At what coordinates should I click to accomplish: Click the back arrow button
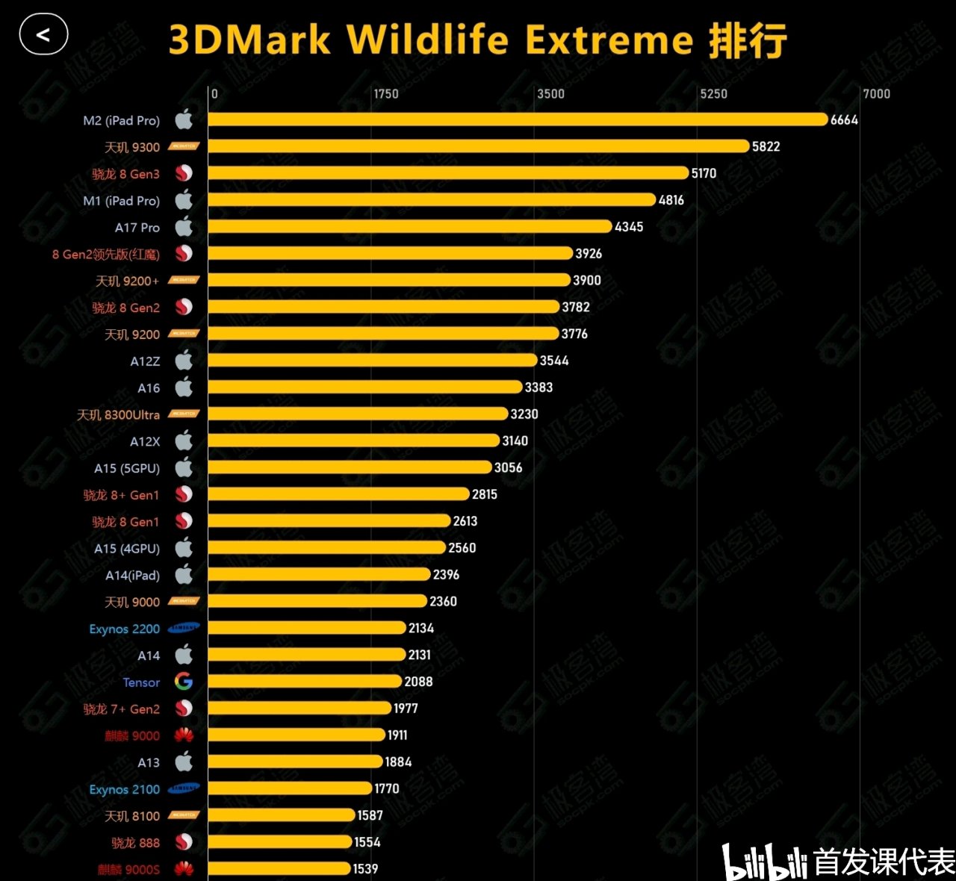pos(43,35)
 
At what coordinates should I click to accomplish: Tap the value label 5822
pos(766,146)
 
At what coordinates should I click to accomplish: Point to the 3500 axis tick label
pos(550,94)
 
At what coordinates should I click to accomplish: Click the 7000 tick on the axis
pos(876,94)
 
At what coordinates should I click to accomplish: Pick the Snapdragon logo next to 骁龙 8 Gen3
pos(184,173)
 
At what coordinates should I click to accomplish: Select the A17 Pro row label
pos(137,228)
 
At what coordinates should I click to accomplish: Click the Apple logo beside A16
pos(184,387)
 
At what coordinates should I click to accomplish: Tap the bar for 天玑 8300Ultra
pos(358,414)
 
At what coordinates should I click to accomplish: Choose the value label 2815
pos(485,494)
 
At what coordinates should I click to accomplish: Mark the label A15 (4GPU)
pos(127,549)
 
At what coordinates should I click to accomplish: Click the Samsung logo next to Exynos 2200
pos(184,628)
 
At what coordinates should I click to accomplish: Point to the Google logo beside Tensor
pos(184,682)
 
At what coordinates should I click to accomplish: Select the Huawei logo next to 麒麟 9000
pos(184,735)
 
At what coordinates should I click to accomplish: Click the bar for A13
pos(295,762)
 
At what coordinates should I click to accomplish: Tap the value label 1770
pos(387,788)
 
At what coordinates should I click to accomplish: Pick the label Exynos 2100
pos(125,790)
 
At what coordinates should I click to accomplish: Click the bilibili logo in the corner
pos(765,863)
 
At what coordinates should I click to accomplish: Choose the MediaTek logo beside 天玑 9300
pos(184,146)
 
